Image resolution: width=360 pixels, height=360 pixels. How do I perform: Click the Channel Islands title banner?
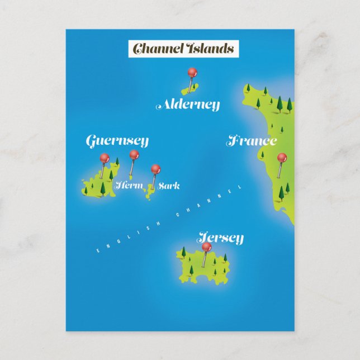tap(183, 49)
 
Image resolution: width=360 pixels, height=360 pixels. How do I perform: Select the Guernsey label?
tap(117, 141)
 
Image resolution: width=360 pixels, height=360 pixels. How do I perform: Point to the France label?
tap(252, 141)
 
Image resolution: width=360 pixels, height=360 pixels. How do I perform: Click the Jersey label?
tap(220, 238)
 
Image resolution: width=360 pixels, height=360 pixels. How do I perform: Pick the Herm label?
tap(129, 186)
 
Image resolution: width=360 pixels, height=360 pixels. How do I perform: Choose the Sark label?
tap(169, 186)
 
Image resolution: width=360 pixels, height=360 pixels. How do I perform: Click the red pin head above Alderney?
tap(192, 72)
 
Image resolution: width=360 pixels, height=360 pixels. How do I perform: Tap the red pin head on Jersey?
tap(206, 247)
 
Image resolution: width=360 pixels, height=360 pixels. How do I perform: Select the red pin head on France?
tap(282, 158)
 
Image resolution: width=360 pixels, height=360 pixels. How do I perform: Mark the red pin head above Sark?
tap(155, 168)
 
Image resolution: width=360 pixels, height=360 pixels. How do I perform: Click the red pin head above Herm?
tap(134, 154)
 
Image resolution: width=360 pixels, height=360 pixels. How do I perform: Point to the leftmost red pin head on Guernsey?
tap(103, 158)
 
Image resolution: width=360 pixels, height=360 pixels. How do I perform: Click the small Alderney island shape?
tap(186, 89)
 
